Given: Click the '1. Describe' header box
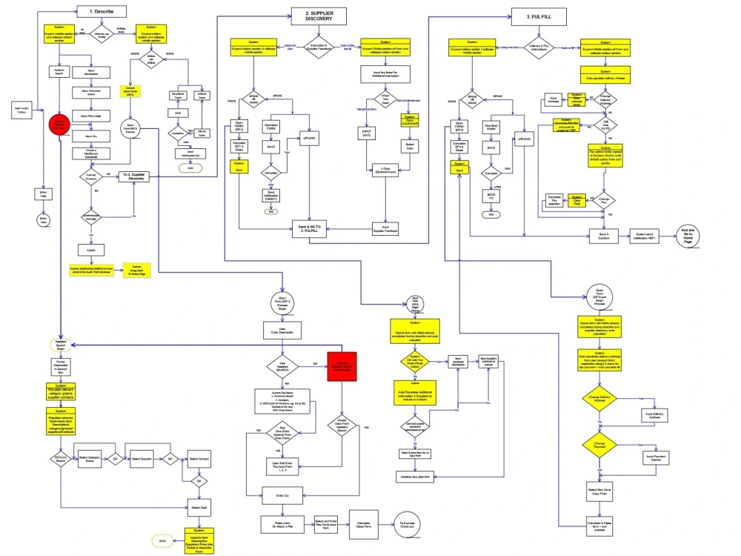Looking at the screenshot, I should pos(102,12).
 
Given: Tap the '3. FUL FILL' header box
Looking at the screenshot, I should pos(539,15).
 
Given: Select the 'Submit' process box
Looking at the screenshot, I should pos(91,251).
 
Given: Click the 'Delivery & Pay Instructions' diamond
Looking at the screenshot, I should pos(539,47).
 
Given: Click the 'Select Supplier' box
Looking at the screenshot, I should pos(141,458).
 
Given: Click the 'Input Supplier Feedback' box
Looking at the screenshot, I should pos(385,229).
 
